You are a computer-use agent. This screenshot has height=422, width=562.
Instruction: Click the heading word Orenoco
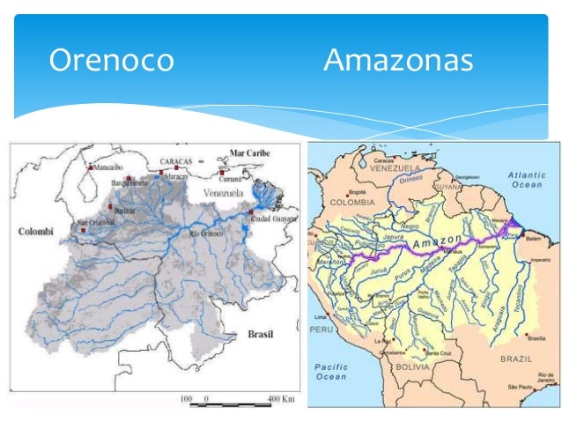[x=111, y=61]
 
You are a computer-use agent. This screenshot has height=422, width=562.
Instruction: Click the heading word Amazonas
[x=398, y=61]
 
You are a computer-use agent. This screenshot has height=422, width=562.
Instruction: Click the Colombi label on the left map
[x=37, y=232]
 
